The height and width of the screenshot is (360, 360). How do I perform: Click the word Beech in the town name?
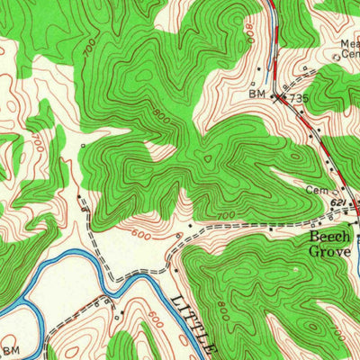[329, 236]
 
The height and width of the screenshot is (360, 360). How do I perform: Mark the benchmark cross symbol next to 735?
[277, 94]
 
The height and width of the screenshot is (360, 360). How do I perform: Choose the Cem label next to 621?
[314, 191]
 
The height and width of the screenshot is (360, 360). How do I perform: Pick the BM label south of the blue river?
[11, 349]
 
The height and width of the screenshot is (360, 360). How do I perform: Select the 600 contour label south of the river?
[155, 319]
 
